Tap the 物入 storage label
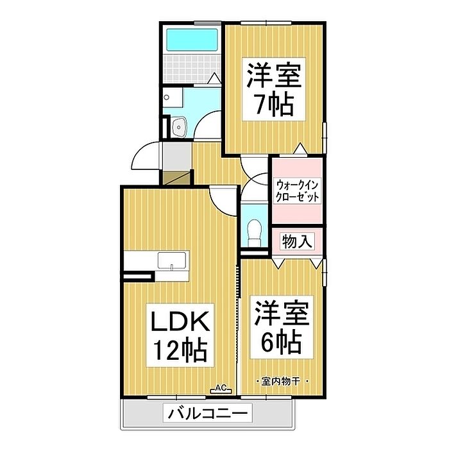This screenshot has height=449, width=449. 297,242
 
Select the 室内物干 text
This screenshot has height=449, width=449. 282,382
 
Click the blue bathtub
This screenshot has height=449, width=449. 190,40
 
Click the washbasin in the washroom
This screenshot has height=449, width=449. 178,126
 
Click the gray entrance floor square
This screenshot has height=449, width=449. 176,154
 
